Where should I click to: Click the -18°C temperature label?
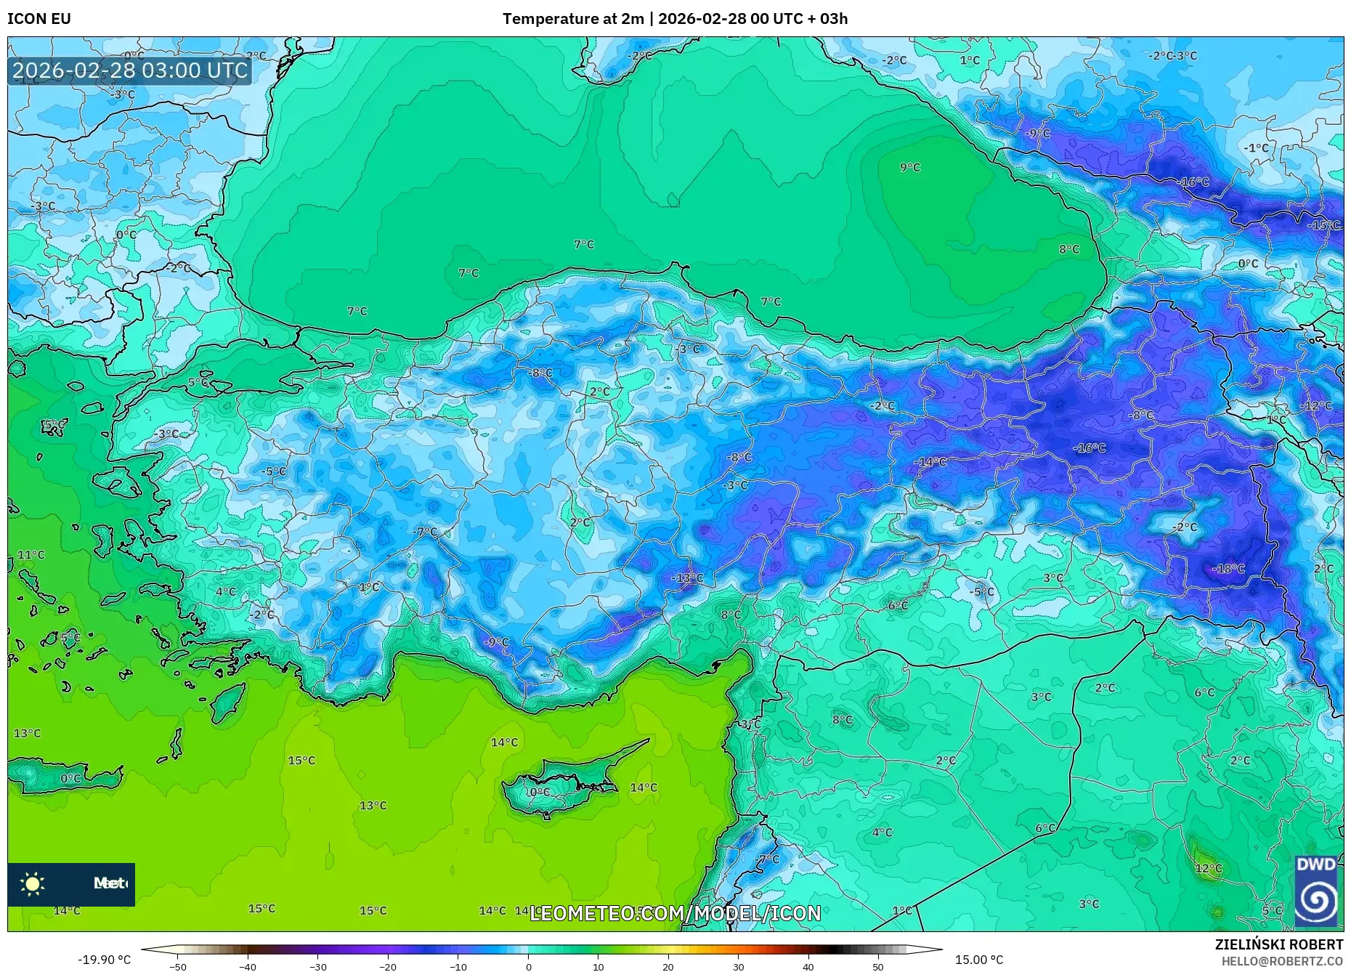pos(1229,569)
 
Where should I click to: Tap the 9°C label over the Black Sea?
pos(909,167)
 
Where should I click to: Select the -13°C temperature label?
pos(687,578)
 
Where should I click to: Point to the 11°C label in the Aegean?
pos(31,555)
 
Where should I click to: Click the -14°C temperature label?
pos(931,461)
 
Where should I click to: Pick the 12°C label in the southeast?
pos(1209,868)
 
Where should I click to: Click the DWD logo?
pos(1316,891)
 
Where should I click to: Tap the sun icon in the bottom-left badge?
pos(33,883)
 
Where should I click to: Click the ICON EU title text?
pos(39,19)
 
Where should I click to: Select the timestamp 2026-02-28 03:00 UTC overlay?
pos(130,70)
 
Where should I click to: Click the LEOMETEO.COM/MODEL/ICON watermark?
pos(675,913)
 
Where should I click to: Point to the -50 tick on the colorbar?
pos(178,966)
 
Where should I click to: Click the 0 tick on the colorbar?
pos(528,966)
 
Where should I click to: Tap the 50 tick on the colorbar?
pos(878,966)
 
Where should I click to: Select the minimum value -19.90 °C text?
pos(104,960)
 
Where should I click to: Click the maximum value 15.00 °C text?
pos(978,960)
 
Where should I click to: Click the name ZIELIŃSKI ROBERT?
pos(1278,944)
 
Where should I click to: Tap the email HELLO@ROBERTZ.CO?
pos(1281,961)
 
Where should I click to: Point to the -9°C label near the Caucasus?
pos(1037,133)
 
